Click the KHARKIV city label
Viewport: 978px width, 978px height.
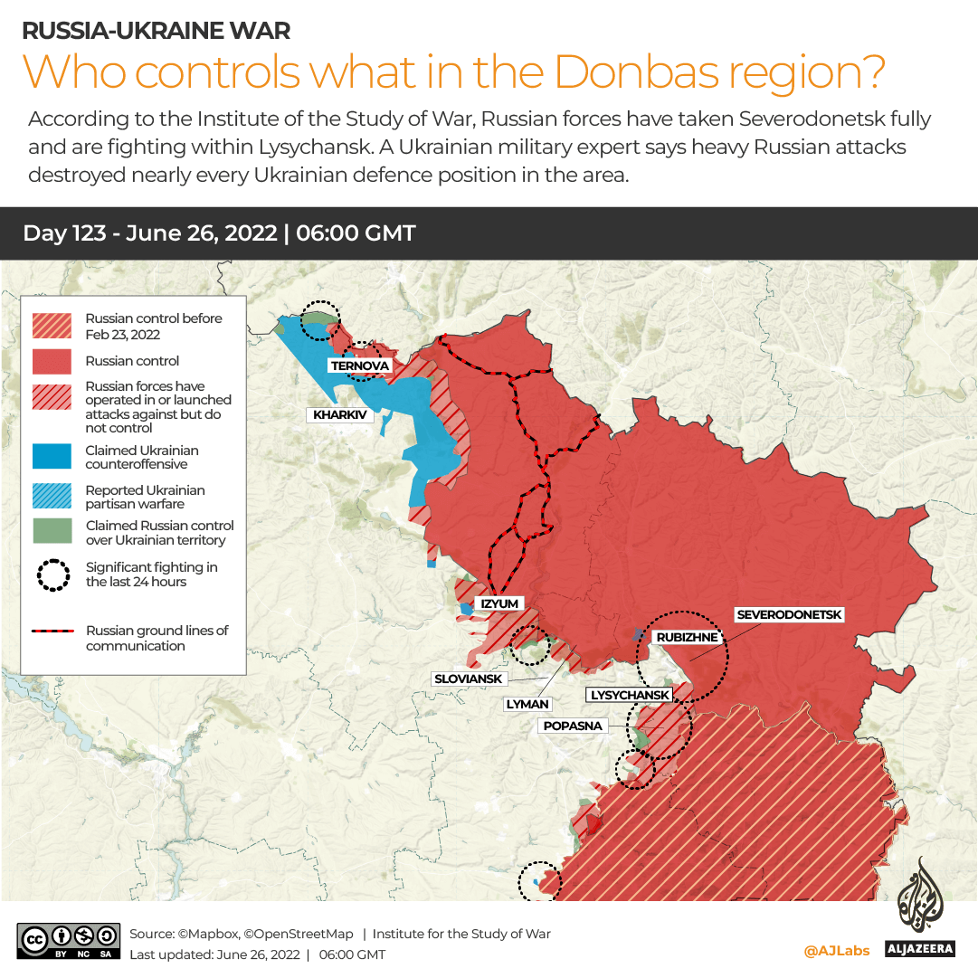340,415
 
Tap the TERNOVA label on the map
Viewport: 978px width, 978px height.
360,366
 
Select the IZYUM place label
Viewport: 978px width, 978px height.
499,603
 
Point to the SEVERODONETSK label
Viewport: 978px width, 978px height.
789,615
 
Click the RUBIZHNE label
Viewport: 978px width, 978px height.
687,637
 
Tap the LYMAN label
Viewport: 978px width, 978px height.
527,703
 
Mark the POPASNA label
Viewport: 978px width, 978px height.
573,726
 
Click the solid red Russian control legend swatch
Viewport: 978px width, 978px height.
52,361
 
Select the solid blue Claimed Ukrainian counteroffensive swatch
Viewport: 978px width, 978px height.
52,457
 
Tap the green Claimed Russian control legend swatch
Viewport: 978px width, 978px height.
52,532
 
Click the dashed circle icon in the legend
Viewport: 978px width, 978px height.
52,574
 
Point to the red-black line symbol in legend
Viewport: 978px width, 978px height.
52,631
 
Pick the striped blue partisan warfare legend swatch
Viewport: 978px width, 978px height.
52,497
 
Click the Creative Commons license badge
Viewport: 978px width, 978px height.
68,940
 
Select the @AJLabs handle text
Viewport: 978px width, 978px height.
837,951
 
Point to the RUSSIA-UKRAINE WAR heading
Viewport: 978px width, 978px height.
156,31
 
